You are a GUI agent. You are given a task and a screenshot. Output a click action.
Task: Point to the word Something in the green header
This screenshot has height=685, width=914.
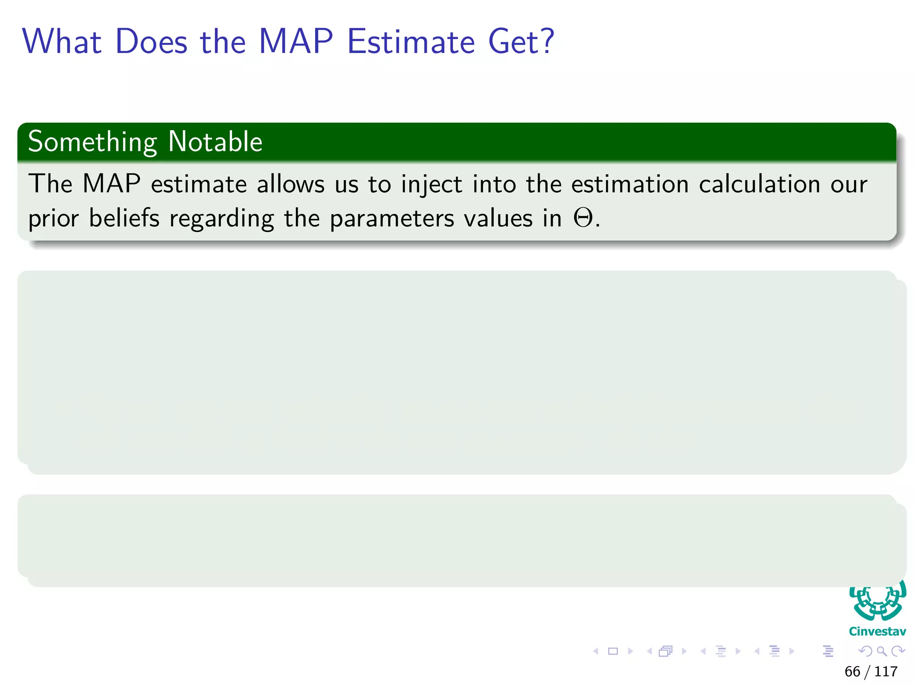(x=92, y=143)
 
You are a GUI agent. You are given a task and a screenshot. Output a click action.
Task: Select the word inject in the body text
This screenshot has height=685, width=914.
(x=431, y=185)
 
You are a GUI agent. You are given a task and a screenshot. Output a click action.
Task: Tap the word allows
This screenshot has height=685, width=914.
(x=291, y=185)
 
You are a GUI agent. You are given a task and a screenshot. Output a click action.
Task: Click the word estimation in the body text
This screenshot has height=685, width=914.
(x=630, y=185)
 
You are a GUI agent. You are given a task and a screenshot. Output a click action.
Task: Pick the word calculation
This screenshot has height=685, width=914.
(x=760, y=185)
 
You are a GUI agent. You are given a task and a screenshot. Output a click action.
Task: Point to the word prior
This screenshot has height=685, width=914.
(x=54, y=219)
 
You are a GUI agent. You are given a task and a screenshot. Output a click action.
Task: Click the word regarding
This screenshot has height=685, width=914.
(x=222, y=219)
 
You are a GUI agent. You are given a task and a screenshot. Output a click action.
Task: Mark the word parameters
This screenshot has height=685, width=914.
(x=392, y=219)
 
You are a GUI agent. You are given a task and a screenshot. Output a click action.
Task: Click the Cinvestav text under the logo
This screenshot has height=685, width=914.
(x=877, y=631)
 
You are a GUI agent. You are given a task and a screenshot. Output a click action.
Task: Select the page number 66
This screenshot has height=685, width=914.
(x=852, y=672)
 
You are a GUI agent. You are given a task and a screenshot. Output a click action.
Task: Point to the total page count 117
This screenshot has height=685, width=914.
(x=886, y=672)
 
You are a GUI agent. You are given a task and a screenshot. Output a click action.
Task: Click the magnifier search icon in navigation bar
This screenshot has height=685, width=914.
(x=881, y=651)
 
